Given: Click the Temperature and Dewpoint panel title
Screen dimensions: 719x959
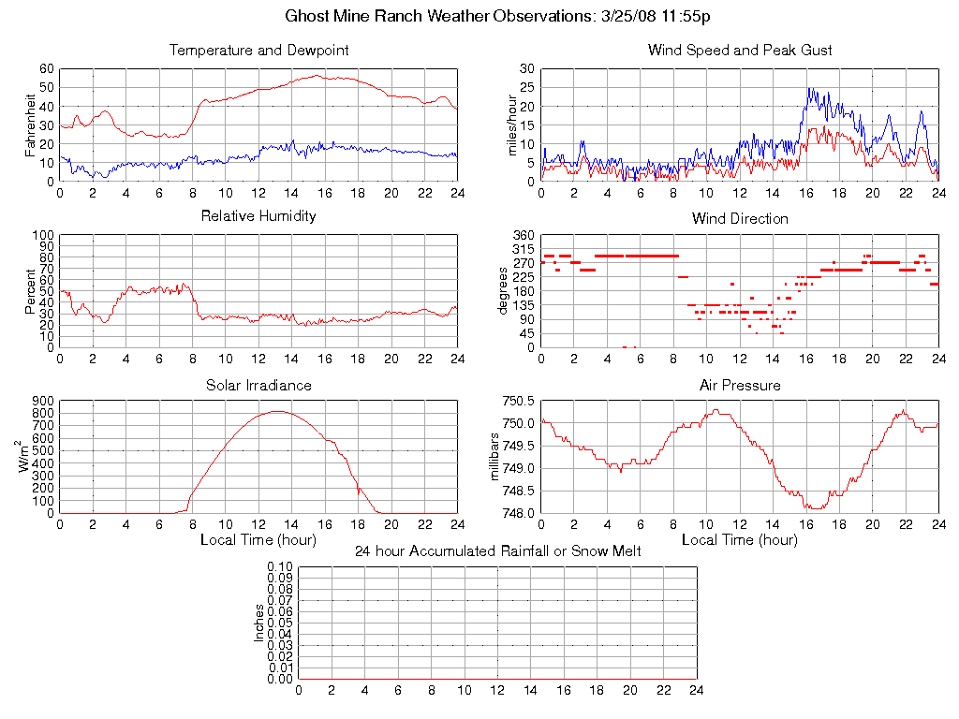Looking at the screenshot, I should point(258,50).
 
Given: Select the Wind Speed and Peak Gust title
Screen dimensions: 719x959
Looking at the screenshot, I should point(740,50).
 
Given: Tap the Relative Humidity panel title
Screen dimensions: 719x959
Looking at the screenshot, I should point(258,216).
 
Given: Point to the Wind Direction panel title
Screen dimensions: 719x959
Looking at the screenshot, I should point(740,218).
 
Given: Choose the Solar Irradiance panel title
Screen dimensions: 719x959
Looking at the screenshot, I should point(258,385).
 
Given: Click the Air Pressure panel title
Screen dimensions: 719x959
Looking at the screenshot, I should point(740,385).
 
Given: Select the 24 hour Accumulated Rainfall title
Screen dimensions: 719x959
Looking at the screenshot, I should point(497,551).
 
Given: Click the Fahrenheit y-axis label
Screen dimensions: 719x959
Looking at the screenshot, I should point(31,125).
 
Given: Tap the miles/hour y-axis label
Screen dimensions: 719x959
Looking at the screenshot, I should point(512,125).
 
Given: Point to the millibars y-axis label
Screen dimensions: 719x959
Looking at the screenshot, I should point(496,457).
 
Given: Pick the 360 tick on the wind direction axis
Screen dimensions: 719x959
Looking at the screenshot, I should point(523,235).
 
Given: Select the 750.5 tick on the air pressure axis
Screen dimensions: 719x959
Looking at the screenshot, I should point(518,402).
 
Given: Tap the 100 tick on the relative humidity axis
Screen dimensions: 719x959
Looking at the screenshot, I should point(43,235).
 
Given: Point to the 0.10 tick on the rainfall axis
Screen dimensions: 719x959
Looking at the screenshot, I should point(280,567).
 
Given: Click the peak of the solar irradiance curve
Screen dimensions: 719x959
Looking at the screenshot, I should point(278,411).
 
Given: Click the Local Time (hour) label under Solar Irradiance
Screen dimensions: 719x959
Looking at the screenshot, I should point(258,540).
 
